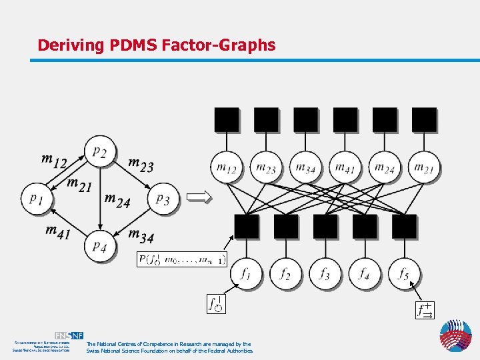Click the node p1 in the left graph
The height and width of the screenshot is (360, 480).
point(37,198)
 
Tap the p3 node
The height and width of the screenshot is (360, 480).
point(163,198)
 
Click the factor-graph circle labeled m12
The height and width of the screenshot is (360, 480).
point(227,168)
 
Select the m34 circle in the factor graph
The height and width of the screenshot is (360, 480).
point(305,168)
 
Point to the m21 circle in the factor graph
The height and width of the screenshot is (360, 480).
point(424,168)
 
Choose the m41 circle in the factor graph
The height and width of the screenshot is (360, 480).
point(345,168)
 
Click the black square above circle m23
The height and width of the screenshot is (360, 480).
point(266,120)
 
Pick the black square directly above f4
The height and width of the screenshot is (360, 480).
point(365,226)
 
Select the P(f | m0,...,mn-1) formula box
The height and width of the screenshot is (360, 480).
point(181,259)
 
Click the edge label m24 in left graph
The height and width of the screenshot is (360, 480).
point(117,201)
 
